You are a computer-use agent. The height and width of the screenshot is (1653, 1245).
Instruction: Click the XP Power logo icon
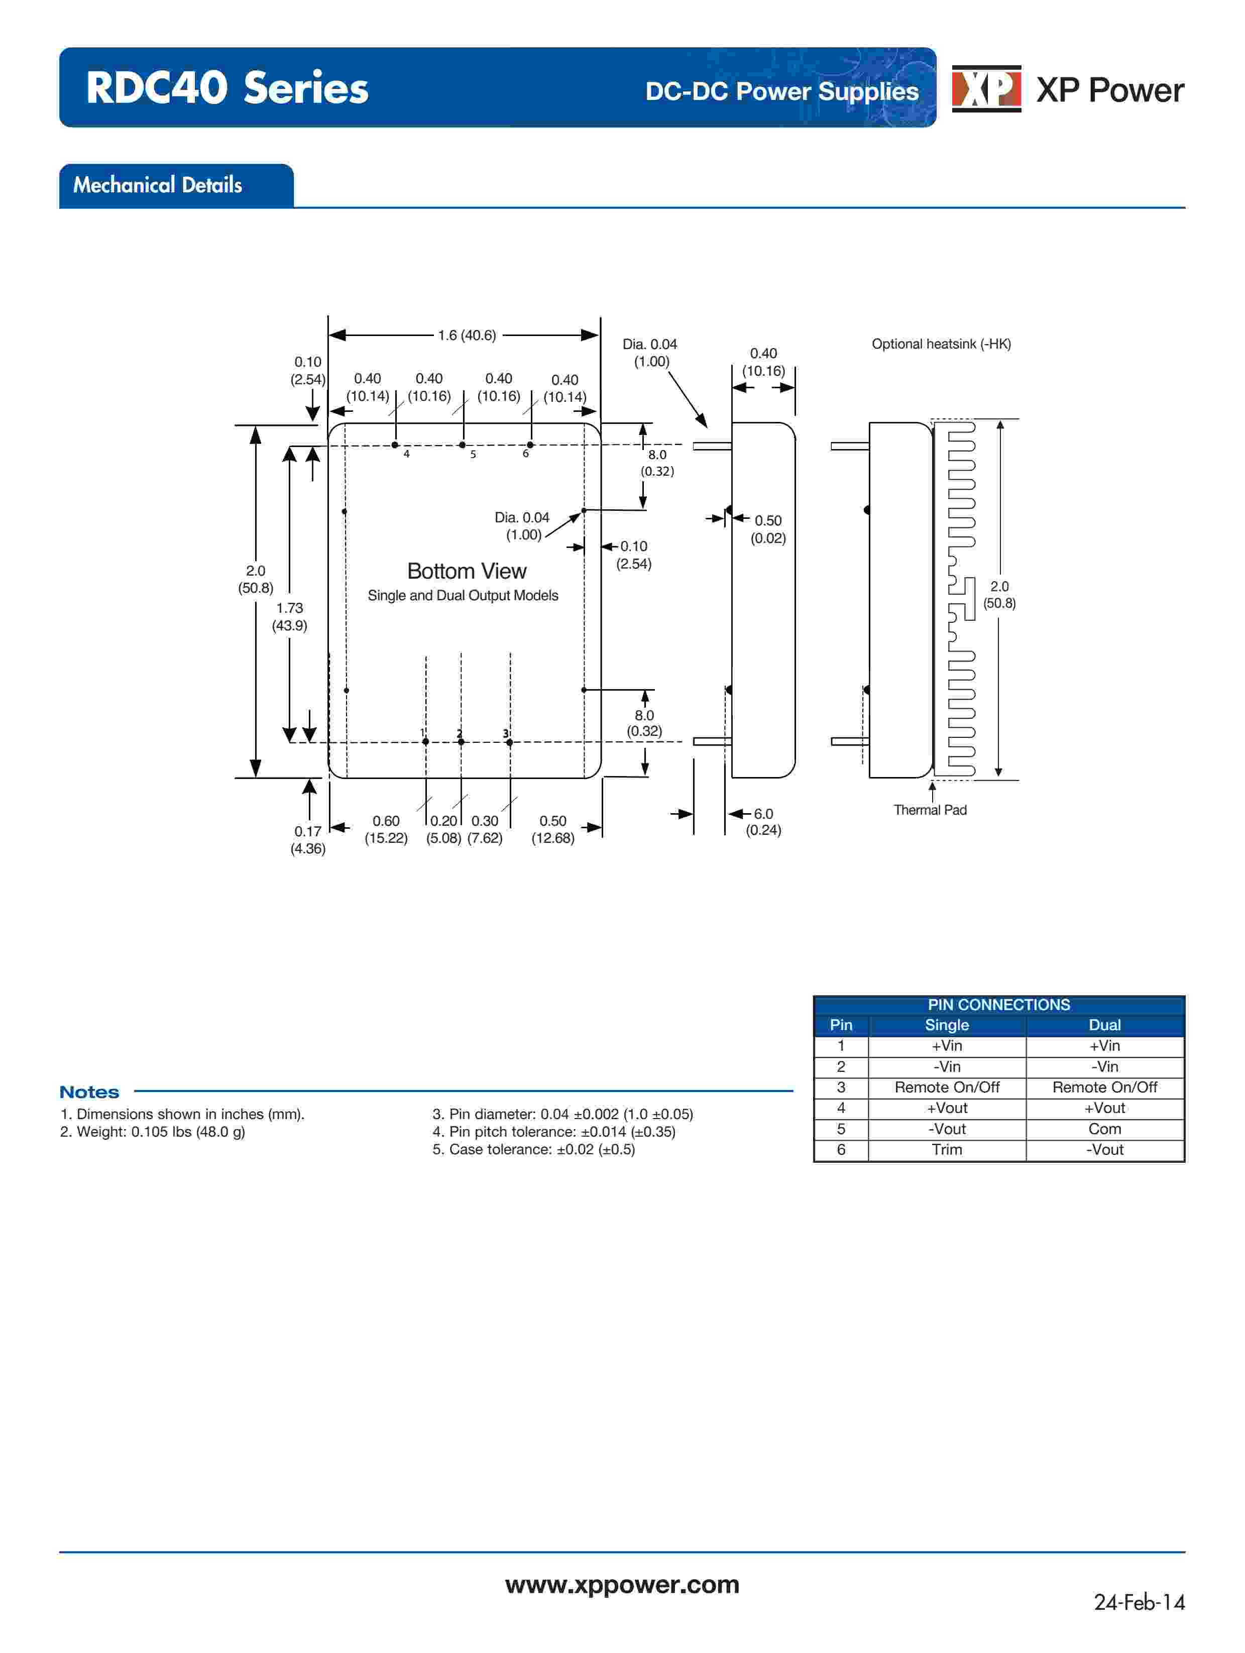coord(986,89)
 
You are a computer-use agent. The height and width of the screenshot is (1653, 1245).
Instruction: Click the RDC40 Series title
coord(227,88)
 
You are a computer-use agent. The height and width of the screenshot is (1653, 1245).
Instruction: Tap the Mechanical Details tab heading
coord(158,185)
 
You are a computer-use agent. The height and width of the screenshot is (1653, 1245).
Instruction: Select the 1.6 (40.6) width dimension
coord(467,336)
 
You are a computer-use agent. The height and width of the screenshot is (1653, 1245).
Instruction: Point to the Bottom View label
coord(467,571)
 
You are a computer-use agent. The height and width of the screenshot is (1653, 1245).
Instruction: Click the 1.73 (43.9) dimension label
coord(289,616)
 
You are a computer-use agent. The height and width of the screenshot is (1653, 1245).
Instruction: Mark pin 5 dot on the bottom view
coord(463,446)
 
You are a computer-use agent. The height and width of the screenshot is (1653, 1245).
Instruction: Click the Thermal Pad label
coord(930,810)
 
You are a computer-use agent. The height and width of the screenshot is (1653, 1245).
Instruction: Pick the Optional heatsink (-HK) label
coord(941,344)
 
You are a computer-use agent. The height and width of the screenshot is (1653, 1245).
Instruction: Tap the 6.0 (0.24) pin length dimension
coord(763,821)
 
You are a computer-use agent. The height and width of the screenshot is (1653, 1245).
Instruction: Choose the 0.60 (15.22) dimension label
coord(386,829)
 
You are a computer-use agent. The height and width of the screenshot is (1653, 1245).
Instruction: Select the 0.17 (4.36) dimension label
coord(308,840)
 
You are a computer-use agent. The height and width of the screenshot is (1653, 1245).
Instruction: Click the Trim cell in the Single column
coord(946,1149)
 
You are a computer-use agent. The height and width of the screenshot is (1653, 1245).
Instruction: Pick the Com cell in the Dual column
coord(1104,1129)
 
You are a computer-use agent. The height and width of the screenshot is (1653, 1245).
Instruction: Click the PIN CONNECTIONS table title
coord(998,1005)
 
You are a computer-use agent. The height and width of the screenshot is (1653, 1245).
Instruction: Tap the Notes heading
coord(89,1092)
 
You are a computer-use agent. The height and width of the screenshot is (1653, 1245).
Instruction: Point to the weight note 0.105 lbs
coord(153,1132)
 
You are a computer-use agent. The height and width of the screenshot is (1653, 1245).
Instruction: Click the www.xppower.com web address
coord(622,1584)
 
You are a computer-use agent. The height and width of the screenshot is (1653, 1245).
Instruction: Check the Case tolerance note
coord(533,1149)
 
